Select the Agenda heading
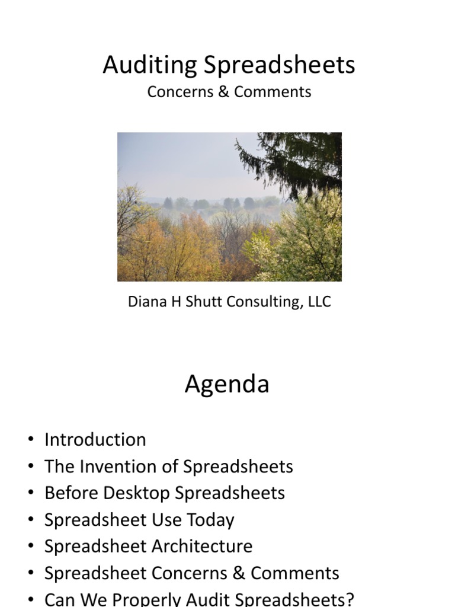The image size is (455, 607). [227, 384]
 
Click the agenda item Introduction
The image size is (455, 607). [95, 440]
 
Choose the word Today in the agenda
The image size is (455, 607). [210, 520]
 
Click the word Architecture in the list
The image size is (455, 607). [202, 547]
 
